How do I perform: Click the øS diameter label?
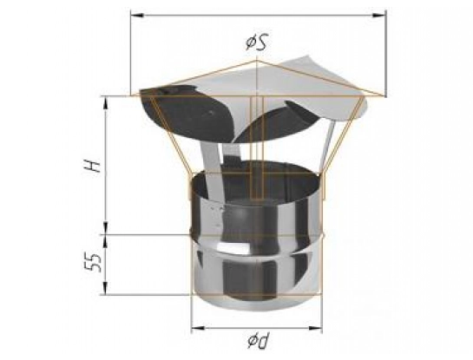[x=256, y=43]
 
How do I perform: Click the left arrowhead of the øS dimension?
[x=137, y=15]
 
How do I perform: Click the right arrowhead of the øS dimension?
[x=380, y=15]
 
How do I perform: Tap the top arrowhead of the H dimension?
[x=106, y=103]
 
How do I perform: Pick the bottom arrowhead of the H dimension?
[x=106, y=228]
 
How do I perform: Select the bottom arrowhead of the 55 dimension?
[x=106, y=288]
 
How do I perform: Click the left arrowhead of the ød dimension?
[x=198, y=328]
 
